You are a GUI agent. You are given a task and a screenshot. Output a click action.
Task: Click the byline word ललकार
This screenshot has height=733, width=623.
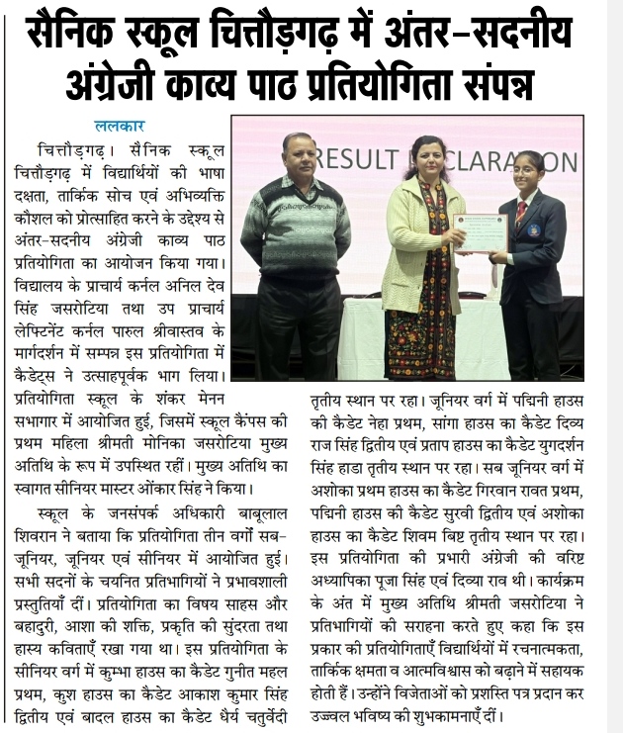point(121,126)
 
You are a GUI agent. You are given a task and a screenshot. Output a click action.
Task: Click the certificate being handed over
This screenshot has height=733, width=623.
point(479,233)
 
